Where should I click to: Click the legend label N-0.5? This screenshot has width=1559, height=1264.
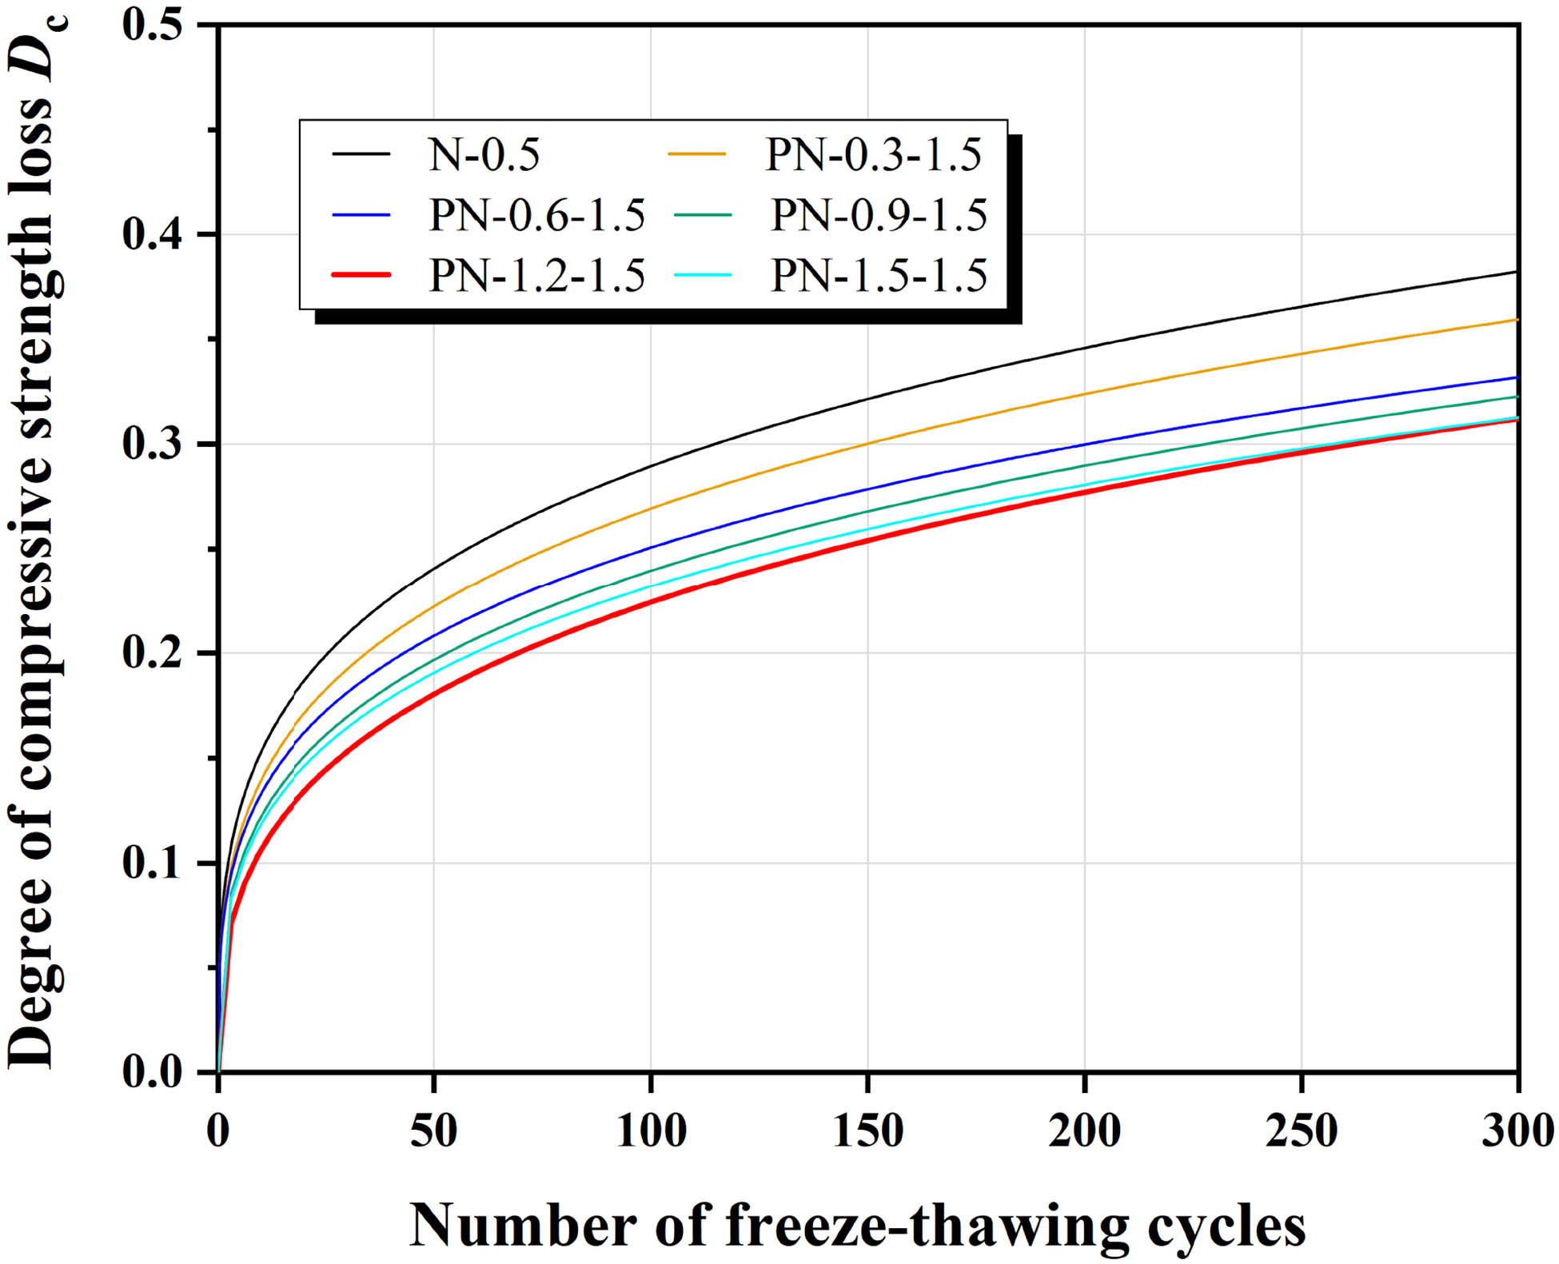click(484, 154)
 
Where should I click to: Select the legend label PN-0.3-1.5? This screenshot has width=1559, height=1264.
click(873, 154)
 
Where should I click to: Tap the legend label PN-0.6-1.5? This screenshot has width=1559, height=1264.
click(536, 215)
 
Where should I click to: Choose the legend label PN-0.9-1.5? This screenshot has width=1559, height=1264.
click(879, 215)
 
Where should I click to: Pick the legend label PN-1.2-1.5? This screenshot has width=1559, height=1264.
click(536, 276)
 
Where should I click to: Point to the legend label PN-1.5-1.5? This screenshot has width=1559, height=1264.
click(879, 276)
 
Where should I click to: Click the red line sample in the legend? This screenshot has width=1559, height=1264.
click(361, 275)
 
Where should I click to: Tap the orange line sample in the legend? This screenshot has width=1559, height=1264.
click(698, 154)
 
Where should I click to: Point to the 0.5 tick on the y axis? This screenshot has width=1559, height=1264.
click(153, 24)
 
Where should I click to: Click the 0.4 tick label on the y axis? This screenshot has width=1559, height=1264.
click(153, 234)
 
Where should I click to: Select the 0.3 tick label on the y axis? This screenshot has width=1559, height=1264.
click(153, 444)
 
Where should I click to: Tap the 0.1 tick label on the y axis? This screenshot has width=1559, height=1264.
click(153, 863)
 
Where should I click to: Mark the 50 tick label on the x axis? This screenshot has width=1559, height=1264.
click(433, 1131)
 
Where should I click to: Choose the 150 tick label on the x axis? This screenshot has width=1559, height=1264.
click(867, 1131)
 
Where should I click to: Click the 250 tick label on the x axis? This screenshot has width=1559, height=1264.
click(1302, 1131)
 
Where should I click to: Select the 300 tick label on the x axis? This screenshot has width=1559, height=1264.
click(1517, 1131)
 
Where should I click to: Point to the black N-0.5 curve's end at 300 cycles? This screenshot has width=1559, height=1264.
click(1515, 273)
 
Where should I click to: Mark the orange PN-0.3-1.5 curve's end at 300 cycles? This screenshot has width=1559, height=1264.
click(1515, 320)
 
